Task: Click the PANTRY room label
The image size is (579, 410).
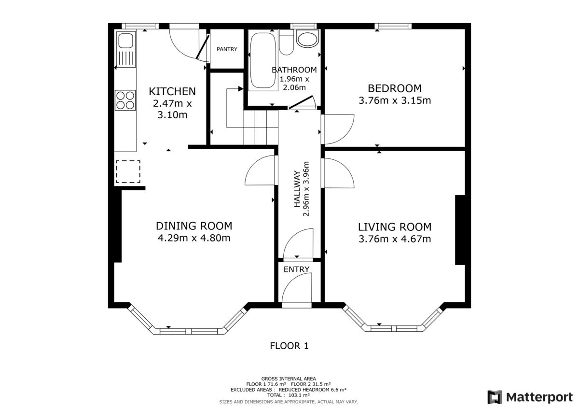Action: click(227, 49)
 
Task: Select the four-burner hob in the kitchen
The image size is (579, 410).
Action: click(125, 100)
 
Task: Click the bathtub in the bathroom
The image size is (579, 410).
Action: click(263, 60)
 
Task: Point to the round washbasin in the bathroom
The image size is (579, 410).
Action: click(307, 40)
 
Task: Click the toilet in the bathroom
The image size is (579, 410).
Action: click(286, 42)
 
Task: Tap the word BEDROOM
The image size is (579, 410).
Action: click(395, 88)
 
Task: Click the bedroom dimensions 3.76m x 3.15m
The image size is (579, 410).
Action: click(395, 100)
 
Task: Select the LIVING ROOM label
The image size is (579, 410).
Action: click(395, 227)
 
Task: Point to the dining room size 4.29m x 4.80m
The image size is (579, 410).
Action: click(194, 238)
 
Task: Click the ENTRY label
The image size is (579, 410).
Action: click(296, 269)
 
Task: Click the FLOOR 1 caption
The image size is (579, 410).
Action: click(289, 346)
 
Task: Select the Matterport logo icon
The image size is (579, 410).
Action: click(495, 397)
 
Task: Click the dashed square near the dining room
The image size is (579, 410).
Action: click(128, 171)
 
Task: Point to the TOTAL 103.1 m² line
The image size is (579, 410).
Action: click(289, 395)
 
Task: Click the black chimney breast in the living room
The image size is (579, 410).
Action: click(460, 230)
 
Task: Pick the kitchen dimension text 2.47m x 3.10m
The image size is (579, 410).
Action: click(172, 109)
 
